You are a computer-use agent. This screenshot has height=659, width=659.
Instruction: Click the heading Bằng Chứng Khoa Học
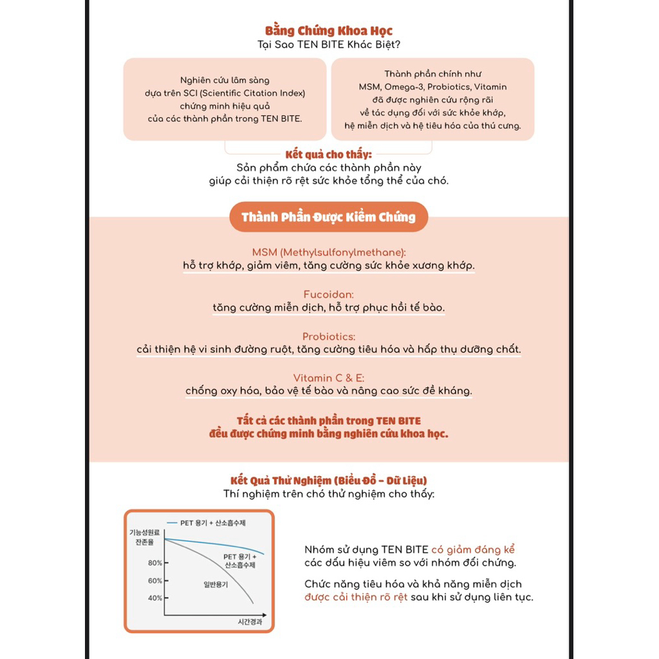click(329, 31)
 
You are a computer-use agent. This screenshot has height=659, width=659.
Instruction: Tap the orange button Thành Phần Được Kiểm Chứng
click(329, 217)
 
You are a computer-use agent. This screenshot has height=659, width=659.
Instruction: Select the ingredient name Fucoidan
click(329, 295)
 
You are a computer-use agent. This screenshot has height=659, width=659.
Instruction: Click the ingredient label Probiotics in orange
click(329, 337)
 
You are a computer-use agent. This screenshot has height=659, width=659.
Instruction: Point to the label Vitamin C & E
click(329, 378)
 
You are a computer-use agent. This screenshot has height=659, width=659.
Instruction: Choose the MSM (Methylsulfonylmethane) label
click(329, 253)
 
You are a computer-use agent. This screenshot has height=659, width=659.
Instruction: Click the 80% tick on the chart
click(155, 563)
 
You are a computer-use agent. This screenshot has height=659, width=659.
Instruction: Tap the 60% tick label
click(155, 581)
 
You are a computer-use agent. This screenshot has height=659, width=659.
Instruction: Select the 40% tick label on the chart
click(155, 599)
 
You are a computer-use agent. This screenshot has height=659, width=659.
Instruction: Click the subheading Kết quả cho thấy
click(329, 154)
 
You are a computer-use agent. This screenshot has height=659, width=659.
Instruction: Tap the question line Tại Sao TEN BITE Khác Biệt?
click(329, 44)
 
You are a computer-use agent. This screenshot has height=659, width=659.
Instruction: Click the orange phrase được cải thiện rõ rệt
click(356, 597)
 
